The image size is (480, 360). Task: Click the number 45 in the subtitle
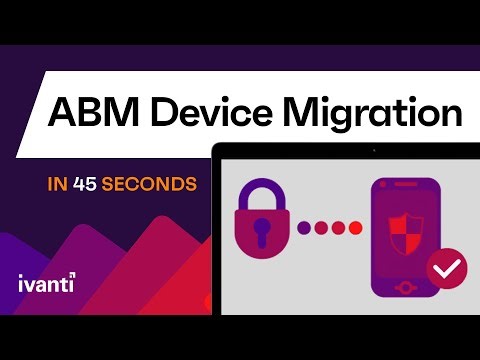point(87,184)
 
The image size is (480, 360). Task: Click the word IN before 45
point(57,184)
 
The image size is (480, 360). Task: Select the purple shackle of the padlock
point(262,196)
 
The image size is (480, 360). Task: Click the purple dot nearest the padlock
point(304,228)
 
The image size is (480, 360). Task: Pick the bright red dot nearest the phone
point(355,228)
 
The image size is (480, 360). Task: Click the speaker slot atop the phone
point(406,188)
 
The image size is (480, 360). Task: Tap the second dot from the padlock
point(321,228)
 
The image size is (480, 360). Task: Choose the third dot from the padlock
point(338,228)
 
